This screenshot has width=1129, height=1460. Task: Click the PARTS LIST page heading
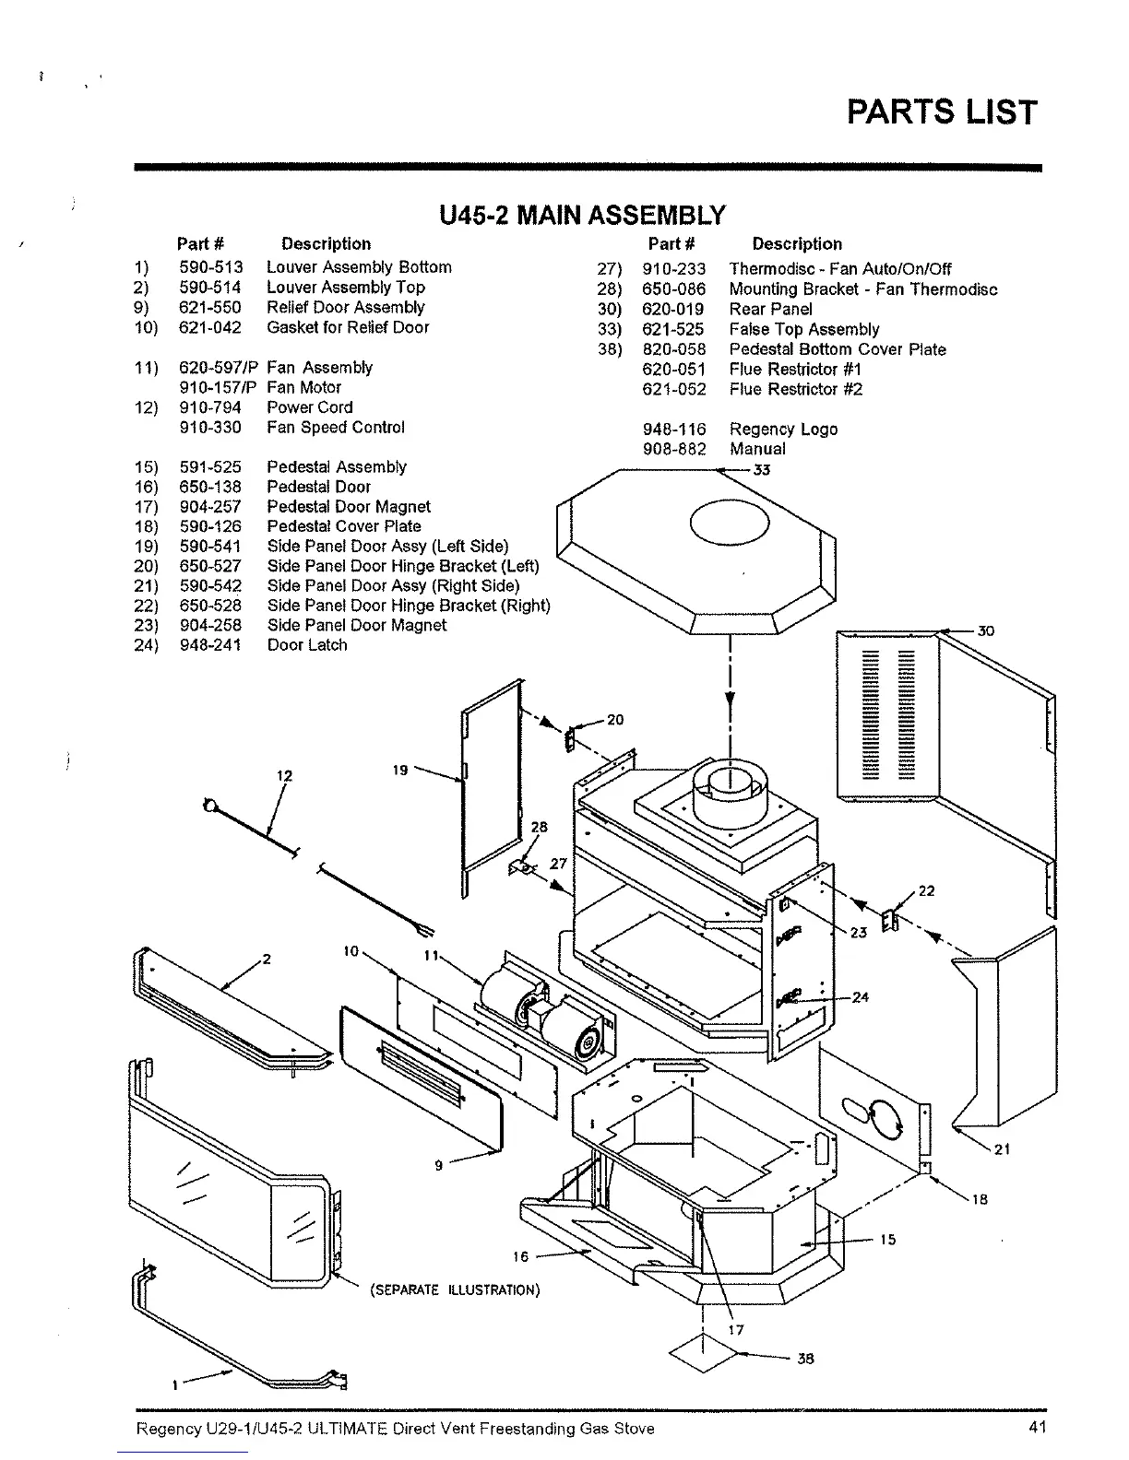942,112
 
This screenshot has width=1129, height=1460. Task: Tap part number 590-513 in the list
210,267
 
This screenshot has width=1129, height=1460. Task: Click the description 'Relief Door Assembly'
346,307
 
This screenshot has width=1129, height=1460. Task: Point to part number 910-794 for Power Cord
210,407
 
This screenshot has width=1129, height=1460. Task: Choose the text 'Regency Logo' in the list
783,429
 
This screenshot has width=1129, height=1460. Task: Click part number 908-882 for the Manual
673,449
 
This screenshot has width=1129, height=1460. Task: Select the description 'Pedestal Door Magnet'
349,506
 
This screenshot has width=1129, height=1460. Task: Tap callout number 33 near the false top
761,470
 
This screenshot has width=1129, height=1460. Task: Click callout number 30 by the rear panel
986,631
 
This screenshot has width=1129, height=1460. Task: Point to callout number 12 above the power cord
285,775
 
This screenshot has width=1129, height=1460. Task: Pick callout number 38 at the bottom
805,1359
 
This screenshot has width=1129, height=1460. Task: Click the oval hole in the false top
729,525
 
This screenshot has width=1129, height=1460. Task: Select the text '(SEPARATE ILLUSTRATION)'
455,1289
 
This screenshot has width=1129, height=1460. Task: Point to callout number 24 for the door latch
860,997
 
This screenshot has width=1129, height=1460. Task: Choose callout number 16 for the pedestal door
521,1256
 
